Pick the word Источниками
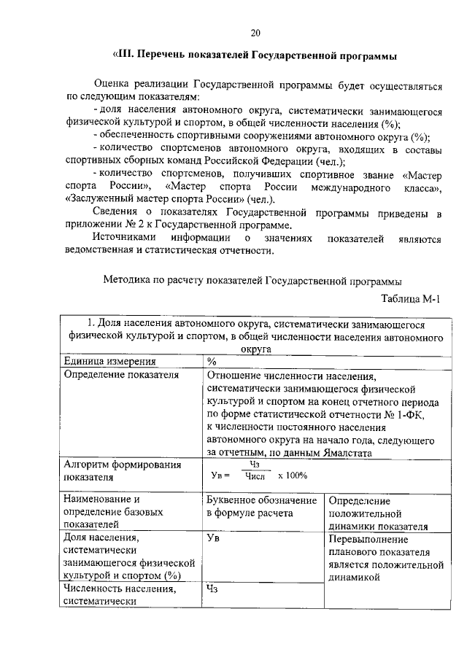[125, 238]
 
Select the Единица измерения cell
[109, 361]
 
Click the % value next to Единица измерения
[212, 361]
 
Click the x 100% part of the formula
[292, 475]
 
